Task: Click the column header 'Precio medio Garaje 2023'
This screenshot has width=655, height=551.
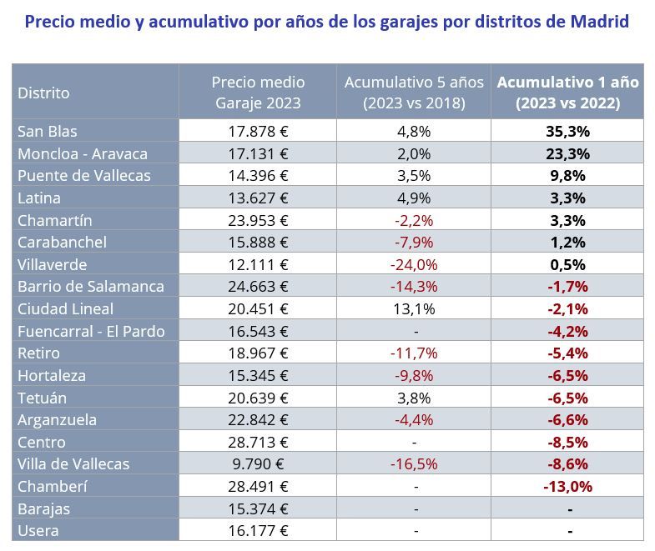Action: [x=258, y=93]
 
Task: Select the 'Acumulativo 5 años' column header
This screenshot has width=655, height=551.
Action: [x=414, y=93]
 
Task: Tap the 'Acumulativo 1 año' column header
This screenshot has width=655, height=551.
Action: [x=567, y=93]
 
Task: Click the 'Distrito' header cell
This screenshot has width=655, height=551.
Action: [x=44, y=93]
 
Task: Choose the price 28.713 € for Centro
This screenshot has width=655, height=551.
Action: [x=258, y=442]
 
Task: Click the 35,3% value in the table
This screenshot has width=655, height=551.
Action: [x=567, y=131]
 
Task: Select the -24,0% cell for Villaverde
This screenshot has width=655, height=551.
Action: [x=414, y=264]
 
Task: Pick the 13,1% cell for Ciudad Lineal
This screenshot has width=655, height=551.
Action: [x=414, y=308]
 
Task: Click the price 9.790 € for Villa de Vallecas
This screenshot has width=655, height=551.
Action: [x=258, y=464]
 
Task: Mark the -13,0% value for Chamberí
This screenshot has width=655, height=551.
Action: [x=567, y=486]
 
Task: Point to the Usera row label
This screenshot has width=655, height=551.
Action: [x=38, y=530]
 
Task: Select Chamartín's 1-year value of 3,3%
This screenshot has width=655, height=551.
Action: [x=567, y=220]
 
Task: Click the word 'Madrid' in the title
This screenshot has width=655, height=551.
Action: [x=599, y=21]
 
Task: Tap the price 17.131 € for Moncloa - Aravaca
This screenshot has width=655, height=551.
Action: [x=258, y=153]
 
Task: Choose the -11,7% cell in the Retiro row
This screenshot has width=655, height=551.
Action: [x=414, y=353]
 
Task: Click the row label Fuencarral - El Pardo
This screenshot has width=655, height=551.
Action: [x=91, y=331]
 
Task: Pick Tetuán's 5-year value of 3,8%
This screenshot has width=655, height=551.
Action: [x=414, y=398]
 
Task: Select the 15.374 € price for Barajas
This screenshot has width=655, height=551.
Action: [x=258, y=508]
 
